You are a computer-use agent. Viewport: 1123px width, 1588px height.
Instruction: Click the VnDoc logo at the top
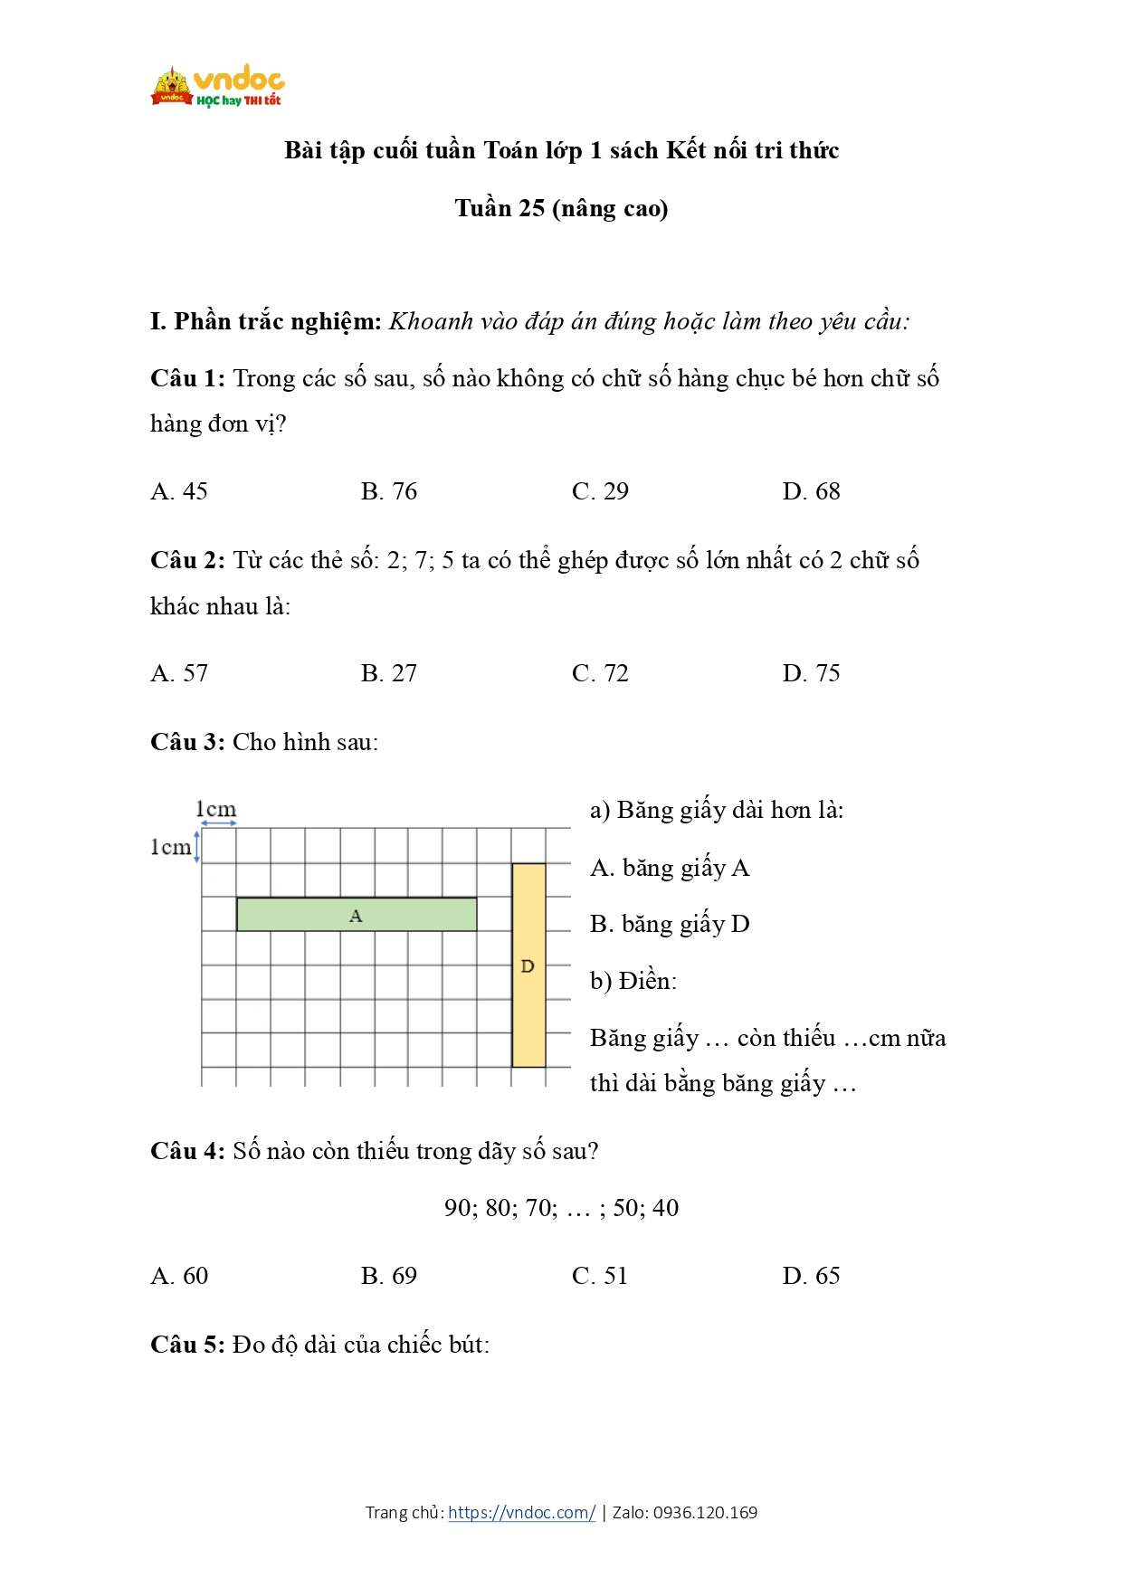pos(217,88)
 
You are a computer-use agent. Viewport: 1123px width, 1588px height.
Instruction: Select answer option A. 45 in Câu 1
pos(179,491)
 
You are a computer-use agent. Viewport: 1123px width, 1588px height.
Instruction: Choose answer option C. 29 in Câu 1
pos(600,491)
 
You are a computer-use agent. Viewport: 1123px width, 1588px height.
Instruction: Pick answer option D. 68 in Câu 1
pos(811,491)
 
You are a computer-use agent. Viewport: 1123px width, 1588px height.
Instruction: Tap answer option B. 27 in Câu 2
pos(389,673)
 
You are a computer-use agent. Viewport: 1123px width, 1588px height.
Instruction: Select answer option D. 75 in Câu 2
pos(811,673)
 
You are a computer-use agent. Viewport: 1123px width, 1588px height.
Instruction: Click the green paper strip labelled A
pos(357,915)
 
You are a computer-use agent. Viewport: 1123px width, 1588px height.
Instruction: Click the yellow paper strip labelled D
pos(528,965)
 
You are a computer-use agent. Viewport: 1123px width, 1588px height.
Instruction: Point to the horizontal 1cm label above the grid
pos(215,809)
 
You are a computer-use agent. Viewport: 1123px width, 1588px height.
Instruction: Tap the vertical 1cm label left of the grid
pos(170,847)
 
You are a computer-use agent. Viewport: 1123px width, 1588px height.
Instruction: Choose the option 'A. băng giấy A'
pos(670,869)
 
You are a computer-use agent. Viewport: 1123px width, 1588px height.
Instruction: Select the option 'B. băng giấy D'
pos(670,924)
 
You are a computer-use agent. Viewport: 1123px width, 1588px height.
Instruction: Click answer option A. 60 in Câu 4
pos(179,1276)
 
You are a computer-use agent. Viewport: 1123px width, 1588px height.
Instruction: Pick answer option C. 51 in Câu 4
pos(600,1276)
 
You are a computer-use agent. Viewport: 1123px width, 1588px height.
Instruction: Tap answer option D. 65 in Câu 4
pos(811,1276)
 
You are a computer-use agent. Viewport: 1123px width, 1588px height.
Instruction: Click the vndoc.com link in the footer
pos(521,1512)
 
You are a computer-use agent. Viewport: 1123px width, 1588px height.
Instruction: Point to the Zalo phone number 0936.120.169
pos(705,1512)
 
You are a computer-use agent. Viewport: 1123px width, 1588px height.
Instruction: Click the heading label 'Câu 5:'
pos(187,1345)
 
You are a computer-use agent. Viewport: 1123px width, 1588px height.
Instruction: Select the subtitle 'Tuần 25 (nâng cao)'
pos(561,208)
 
